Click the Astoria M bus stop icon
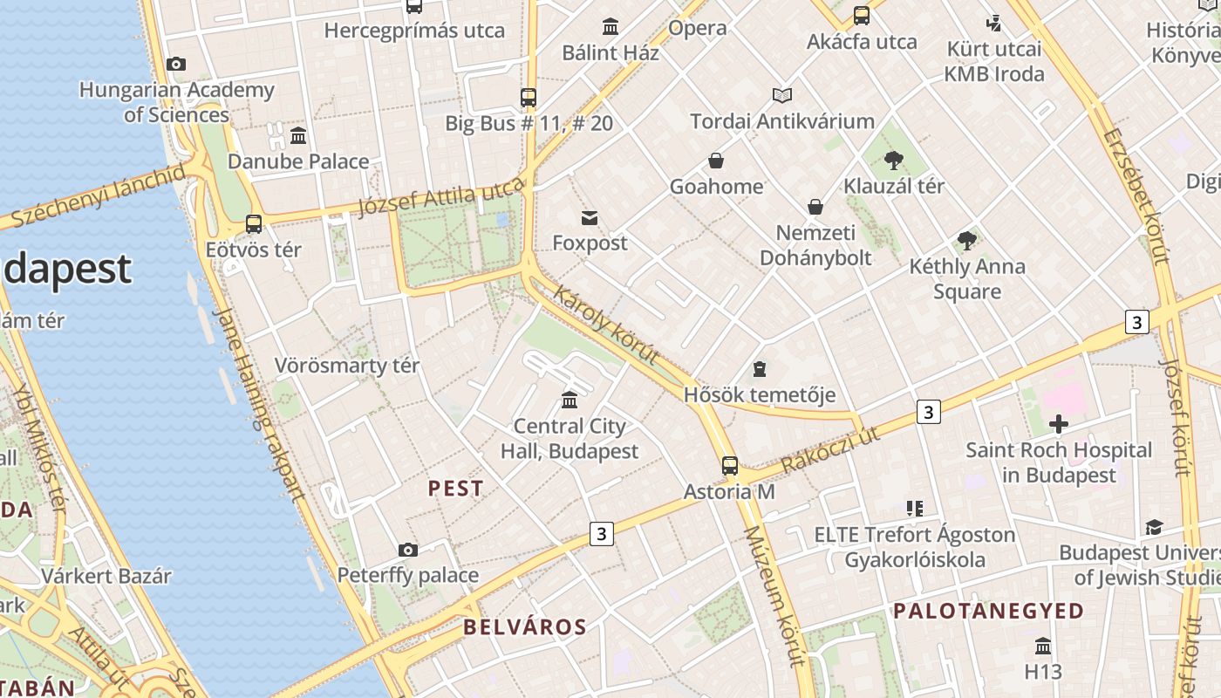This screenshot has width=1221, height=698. tap(730, 466)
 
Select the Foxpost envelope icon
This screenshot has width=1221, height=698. tap(590, 217)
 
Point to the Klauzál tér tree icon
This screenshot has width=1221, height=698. tap(893, 160)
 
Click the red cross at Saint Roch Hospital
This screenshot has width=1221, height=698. tap(1059, 425)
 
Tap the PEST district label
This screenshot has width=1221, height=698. tap(455, 489)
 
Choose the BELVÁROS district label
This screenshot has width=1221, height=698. tap(524, 626)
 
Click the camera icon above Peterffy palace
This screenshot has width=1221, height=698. tap(407, 550)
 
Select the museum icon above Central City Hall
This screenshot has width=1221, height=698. tap(570, 400)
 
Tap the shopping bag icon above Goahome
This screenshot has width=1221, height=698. tap(716, 161)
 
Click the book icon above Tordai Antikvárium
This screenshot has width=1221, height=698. tap(782, 95)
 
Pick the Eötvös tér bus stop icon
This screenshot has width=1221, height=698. tap(254, 224)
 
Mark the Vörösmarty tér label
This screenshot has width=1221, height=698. tap(346, 366)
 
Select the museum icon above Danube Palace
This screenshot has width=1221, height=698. tap(298, 135)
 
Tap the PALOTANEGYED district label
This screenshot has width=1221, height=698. tap(987, 611)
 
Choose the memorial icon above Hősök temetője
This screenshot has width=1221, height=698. tap(760, 369)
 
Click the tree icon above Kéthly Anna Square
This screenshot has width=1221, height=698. tap(966, 240)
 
